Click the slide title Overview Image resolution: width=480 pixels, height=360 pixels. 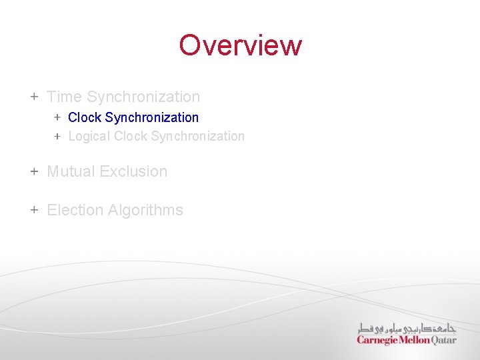tap(240, 45)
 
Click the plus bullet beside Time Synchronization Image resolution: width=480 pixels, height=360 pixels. tap(34, 97)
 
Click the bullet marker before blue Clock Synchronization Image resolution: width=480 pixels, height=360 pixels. tap(57, 117)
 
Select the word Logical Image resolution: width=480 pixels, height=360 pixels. tap(89, 136)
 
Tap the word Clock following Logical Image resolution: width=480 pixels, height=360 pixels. tap(131, 136)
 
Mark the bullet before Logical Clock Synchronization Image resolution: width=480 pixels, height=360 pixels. tap(57, 136)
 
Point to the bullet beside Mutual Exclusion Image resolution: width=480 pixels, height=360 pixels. tap(34, 171)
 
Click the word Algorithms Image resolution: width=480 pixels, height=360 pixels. tap(145, 210)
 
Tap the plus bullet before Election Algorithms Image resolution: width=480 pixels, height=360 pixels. tap(34, 210)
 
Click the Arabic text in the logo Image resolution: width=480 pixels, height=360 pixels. tap(407, 328)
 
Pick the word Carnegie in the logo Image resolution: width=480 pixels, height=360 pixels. tap(377, 340)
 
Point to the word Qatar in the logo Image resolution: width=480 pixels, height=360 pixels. tap(444, 340)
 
